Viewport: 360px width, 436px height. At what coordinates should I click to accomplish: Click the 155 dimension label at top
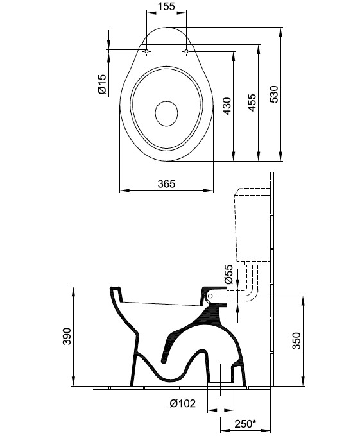(x=166, y=6)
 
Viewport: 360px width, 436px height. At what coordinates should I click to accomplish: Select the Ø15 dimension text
(x=102, y=84)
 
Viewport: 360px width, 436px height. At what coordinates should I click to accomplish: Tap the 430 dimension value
(x=227, y=106)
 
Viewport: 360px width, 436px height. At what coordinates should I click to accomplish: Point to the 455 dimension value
(x=252, y=103)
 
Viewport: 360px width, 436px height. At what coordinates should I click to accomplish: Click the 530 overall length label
(x=274, y=94)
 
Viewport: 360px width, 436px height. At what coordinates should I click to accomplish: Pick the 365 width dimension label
(x=167, y=183)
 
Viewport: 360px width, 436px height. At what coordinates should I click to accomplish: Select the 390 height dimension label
(x=67, y=336)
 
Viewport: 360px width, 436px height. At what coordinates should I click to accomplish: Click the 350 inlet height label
(x=296, y=340)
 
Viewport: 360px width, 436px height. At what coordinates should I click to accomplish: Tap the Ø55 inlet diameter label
(x=228, y=274)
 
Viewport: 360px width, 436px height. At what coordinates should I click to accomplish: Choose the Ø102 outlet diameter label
(x=182, y=403)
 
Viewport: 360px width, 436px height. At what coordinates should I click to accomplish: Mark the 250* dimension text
(x=245, y=424)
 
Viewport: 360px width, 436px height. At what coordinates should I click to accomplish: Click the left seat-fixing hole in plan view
(x=146, y=51)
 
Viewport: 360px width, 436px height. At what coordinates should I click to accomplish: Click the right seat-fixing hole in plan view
(x=186, y=51)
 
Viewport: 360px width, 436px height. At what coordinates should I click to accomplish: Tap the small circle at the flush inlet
(x=210, y=296)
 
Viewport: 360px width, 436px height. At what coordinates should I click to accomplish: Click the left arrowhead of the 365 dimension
(x=123, y=190)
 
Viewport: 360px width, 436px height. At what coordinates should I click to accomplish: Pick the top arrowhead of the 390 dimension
(x=73, y=291)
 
